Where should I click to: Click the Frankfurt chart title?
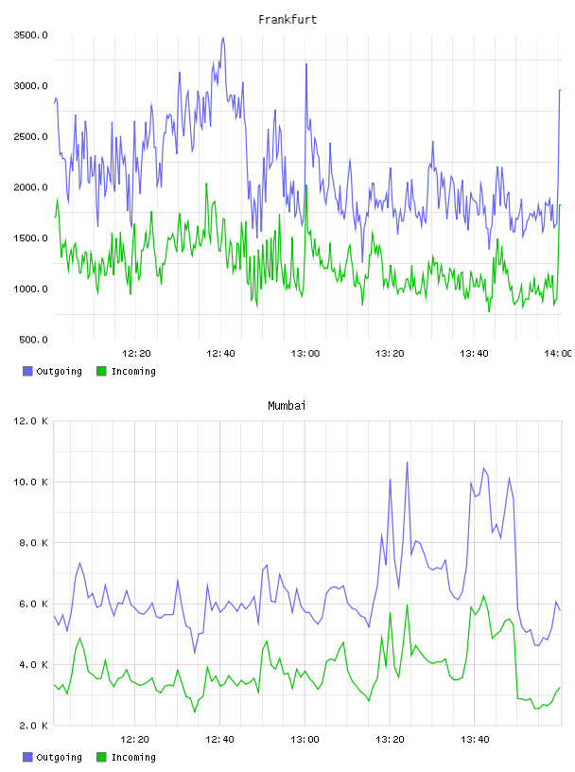pyautogui.click(x=287, y=20)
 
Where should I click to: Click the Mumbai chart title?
pyautogui.click(x=287, y=406)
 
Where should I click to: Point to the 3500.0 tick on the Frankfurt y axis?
pyautogui.click(x=30, y=35)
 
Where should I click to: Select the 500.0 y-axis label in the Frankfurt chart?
pyautogui.click(x=33, y=340)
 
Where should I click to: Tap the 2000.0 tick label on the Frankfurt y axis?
pyautogui.click(x=30, y=187)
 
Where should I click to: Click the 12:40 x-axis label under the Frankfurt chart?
pyautogui.click(x=220, y=354)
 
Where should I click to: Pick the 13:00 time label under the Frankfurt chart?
pyautogui.click(x=305, y=354)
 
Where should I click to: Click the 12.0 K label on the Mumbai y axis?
pyautogui.click(x=30, y=421)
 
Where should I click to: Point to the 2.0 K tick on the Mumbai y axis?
pyautogui.click(x=33, y=726)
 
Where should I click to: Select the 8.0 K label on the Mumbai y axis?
pyautogui.click(x=33, y=542)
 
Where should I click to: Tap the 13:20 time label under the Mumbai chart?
pyautogui.click(x=390, y=740)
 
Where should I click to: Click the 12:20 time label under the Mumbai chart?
pyautogui.click(x=135, y=740)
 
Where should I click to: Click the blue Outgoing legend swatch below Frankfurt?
pyautogui.click(x=27, y=371)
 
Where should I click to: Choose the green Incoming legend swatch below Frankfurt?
pyautogui.click(x=101, y=371)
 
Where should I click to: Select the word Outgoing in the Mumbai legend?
pyautogui.click(x=59, y=757)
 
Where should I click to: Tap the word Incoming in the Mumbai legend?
pyautogui.click(x=134, y=757)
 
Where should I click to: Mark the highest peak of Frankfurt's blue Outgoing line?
pyautogui.click(x=223, y=38)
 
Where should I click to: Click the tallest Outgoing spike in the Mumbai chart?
pyautogui.click(x=407, y=463)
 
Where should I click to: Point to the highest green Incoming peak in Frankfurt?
pyautogui.click(x=306, y=185)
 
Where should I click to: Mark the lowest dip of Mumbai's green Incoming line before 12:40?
pyautogui.click(x=195, y=712)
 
